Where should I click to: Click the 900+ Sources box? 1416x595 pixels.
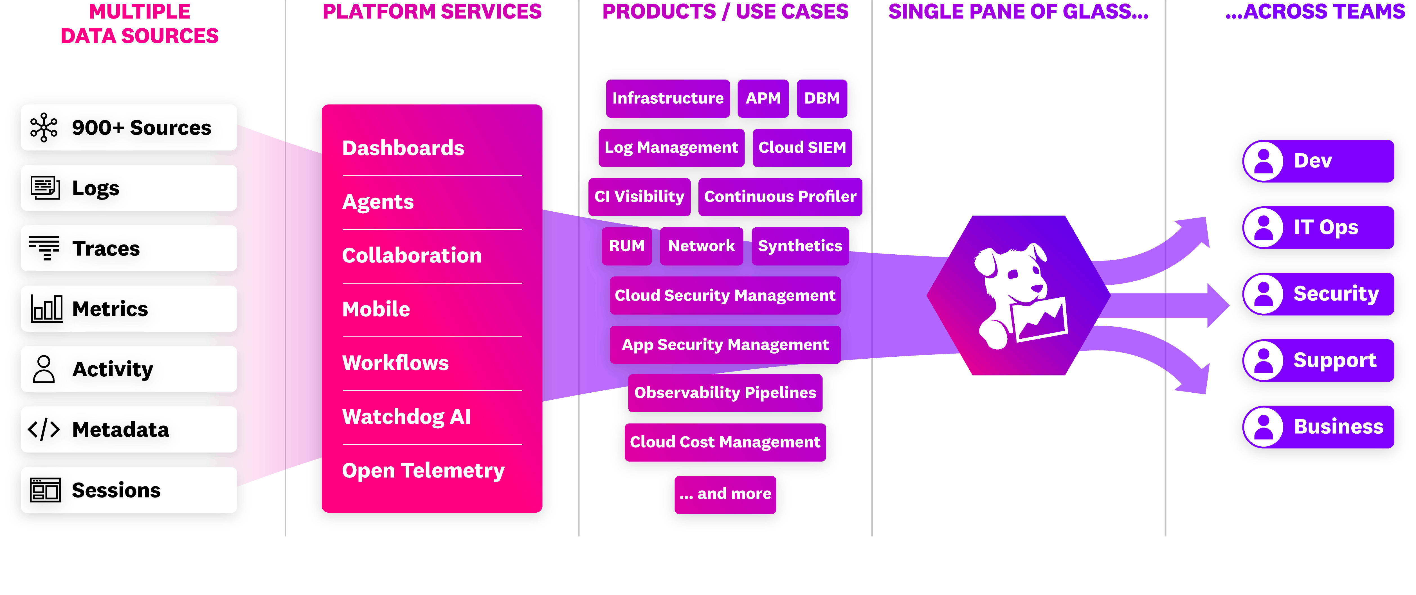pos(129,128)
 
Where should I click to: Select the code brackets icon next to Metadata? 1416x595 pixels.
pos(44,429)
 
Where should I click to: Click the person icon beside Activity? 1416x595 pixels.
pos(44,369)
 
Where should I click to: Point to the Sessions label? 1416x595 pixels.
pos(116,490)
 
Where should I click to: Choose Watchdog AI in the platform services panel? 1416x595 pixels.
pos(406,417)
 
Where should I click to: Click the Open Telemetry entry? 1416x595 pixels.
pos(423,470)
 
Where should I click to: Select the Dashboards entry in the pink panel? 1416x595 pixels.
pos(403,148)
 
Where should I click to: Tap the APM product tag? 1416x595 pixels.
pos(763,98)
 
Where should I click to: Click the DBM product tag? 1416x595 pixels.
pos(822,98)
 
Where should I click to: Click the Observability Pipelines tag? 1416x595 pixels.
pos(725,393)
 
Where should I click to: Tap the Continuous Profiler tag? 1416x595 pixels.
pos(780,197)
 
